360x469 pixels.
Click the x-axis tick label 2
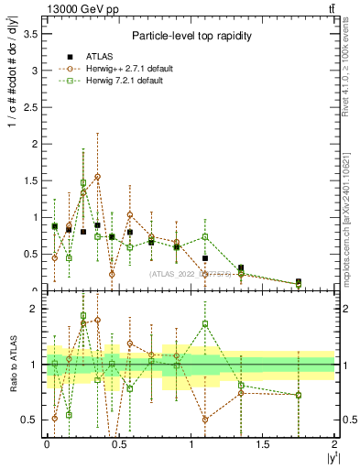(335, 443)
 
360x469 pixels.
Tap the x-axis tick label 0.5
(118, 443)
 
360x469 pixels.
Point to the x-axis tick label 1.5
(263, 443)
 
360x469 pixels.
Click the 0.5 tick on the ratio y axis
(27, 420)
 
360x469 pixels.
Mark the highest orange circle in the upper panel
(97, 176)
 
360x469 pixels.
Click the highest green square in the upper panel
(83, 182)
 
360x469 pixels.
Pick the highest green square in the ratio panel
(83, 316)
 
